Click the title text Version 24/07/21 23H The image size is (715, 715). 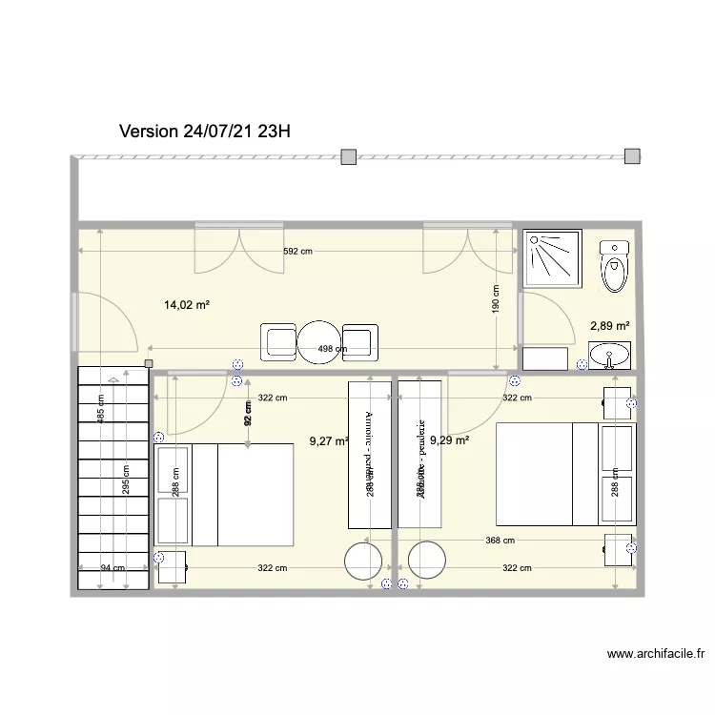(x=205, y=132)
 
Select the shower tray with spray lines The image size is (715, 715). (x=551, y=258)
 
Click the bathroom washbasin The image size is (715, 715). (x=609, y=357)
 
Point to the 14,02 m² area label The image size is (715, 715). (x=187, y=306)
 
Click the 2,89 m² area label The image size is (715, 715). (x=610, y=326)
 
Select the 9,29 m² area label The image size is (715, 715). (x=450, y=440)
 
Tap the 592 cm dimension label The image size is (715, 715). (x=297, y=252)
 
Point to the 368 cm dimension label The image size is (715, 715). (x=500, y=541)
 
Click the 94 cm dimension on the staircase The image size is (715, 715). (x=112, y=568)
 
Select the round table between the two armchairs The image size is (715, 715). (x=321, y=342)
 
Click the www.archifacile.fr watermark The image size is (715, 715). (x=656, y=655)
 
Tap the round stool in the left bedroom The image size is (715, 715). (x=364, y=561)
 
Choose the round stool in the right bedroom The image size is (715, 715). (x=426, y=561)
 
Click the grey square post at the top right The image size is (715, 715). (x=631, y=157)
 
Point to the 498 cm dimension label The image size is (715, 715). (x=332, y=349)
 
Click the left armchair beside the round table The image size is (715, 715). (x=280, y=342)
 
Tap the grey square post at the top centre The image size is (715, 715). (x=350, y=157)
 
